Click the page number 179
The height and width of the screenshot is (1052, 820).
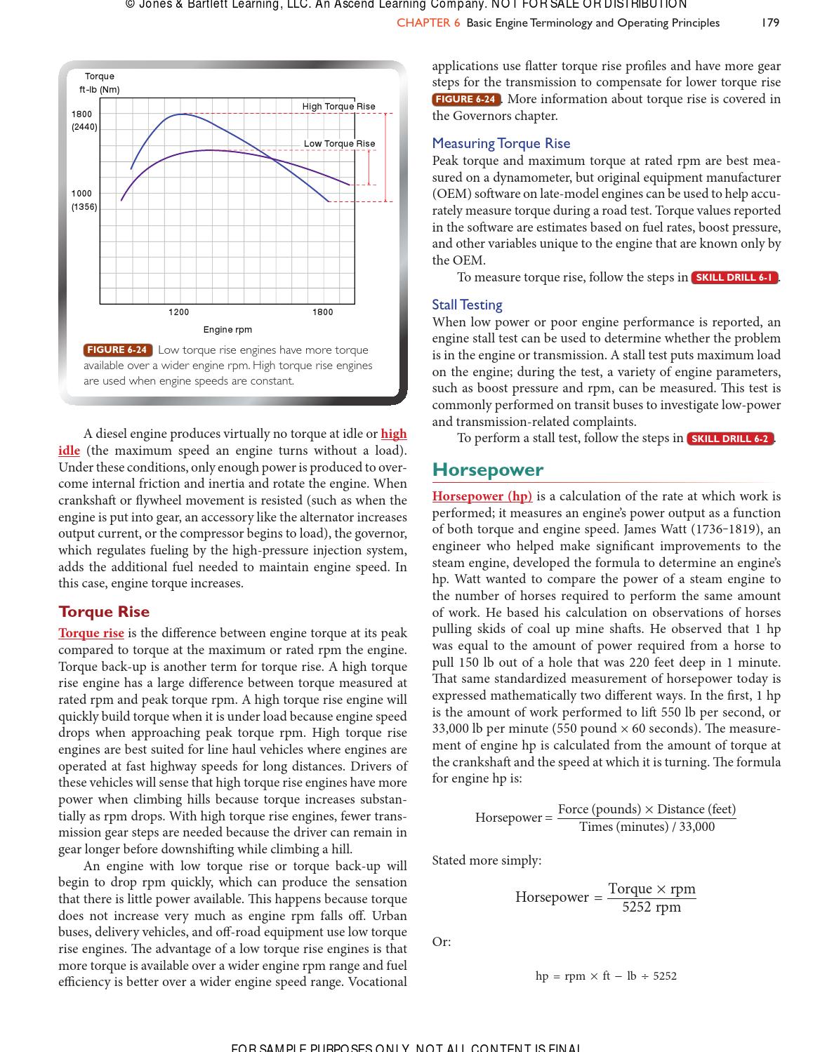(770, 22)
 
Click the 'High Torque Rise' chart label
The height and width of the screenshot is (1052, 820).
(338, 107)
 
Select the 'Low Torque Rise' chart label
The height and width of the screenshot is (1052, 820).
(339, 144)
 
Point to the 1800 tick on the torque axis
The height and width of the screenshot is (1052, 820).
(81, 114)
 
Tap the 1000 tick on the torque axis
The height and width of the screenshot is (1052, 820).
(81, 193)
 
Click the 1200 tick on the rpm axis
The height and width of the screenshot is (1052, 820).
(178, 312)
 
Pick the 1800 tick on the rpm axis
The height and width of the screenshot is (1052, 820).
(322, 312)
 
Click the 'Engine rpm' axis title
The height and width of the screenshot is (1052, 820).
(227, 330)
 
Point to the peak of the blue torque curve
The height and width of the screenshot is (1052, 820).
(183, 114)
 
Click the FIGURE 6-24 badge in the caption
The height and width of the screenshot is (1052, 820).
(117, 350)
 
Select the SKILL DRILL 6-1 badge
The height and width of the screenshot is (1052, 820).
(734, 277)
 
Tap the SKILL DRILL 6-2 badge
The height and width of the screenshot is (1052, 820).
(729, 439)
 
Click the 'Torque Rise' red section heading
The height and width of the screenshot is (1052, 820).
(104, 611)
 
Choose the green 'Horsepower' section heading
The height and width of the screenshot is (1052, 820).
(487, 470)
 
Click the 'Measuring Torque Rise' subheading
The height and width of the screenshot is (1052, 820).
(501, 143)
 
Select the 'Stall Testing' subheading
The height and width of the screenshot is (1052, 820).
(467, 305)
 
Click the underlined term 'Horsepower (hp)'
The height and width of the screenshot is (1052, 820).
(482, 496)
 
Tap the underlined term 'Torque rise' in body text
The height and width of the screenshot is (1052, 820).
(91, 633)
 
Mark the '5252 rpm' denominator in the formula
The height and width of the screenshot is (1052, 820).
(651, 907)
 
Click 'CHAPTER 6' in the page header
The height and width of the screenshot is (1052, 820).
(428, 22)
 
